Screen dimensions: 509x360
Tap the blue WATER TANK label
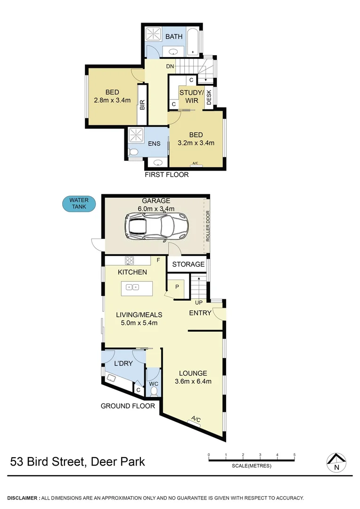(79, 204)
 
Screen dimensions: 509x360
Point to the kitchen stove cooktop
(130, 260)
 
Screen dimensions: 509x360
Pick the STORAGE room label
(188, 264)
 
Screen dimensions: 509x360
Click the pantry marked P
(177, 286)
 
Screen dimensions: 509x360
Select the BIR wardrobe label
(142, 104)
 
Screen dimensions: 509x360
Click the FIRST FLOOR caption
(166, 175)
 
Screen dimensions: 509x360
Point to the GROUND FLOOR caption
(128, 406)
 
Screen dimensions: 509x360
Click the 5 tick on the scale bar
(295, 455)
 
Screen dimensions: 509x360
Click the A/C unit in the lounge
(196, 419)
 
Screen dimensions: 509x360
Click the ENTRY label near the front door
(200, 313)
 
